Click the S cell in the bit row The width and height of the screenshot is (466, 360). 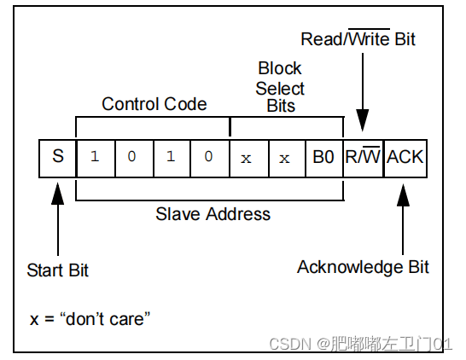point(58,157)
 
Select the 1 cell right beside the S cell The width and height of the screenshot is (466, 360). point(95,157)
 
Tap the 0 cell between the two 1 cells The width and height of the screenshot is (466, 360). point(133,157)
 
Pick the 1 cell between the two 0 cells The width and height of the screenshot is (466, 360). point(172,157)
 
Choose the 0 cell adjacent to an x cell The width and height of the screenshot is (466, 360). point(210,157)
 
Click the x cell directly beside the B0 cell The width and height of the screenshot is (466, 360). point(286,157)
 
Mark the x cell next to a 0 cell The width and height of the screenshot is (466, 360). point(248,157)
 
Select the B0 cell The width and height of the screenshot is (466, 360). point(323,157)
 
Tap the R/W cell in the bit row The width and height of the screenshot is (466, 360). point(363,157)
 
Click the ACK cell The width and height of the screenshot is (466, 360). point(405,157)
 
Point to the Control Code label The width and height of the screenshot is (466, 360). point(154,104)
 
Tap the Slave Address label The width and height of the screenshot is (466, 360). point(213,214)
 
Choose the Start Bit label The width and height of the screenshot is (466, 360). point(58,270)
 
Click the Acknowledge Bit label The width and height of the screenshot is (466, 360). point(363,267)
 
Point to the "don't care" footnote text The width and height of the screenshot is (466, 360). point(91,319)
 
